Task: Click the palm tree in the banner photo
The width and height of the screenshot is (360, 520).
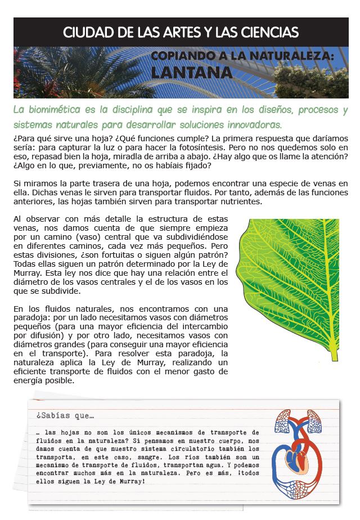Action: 67,70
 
